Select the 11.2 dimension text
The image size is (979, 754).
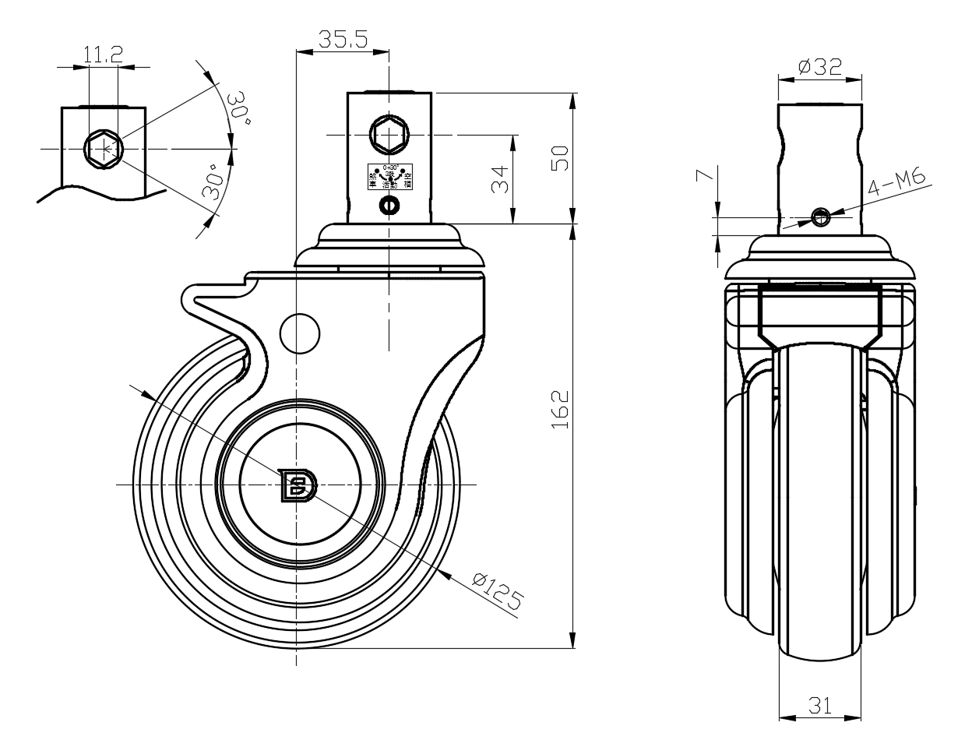(x=103, y=54)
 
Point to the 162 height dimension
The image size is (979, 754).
(x=562, y=409)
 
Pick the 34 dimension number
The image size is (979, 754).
(x=502, y=180)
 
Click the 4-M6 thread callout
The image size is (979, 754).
(x=897, y=184)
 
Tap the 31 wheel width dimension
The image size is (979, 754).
(x=819, y=706)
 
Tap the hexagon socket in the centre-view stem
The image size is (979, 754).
(x=389, y=136)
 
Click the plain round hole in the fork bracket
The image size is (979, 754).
(x=299, y=333)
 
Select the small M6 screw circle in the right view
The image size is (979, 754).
(x=819, y=217)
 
